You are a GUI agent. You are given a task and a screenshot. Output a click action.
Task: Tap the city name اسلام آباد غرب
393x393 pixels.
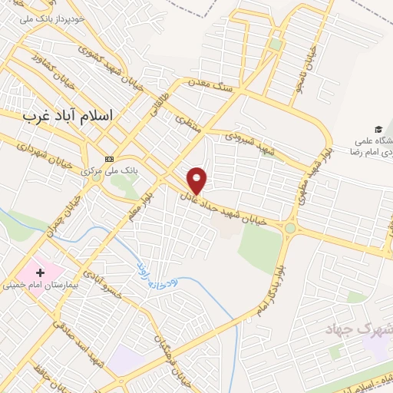click(68, 115)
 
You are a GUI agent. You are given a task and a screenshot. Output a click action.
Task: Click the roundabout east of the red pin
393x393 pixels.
click(290, 228)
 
